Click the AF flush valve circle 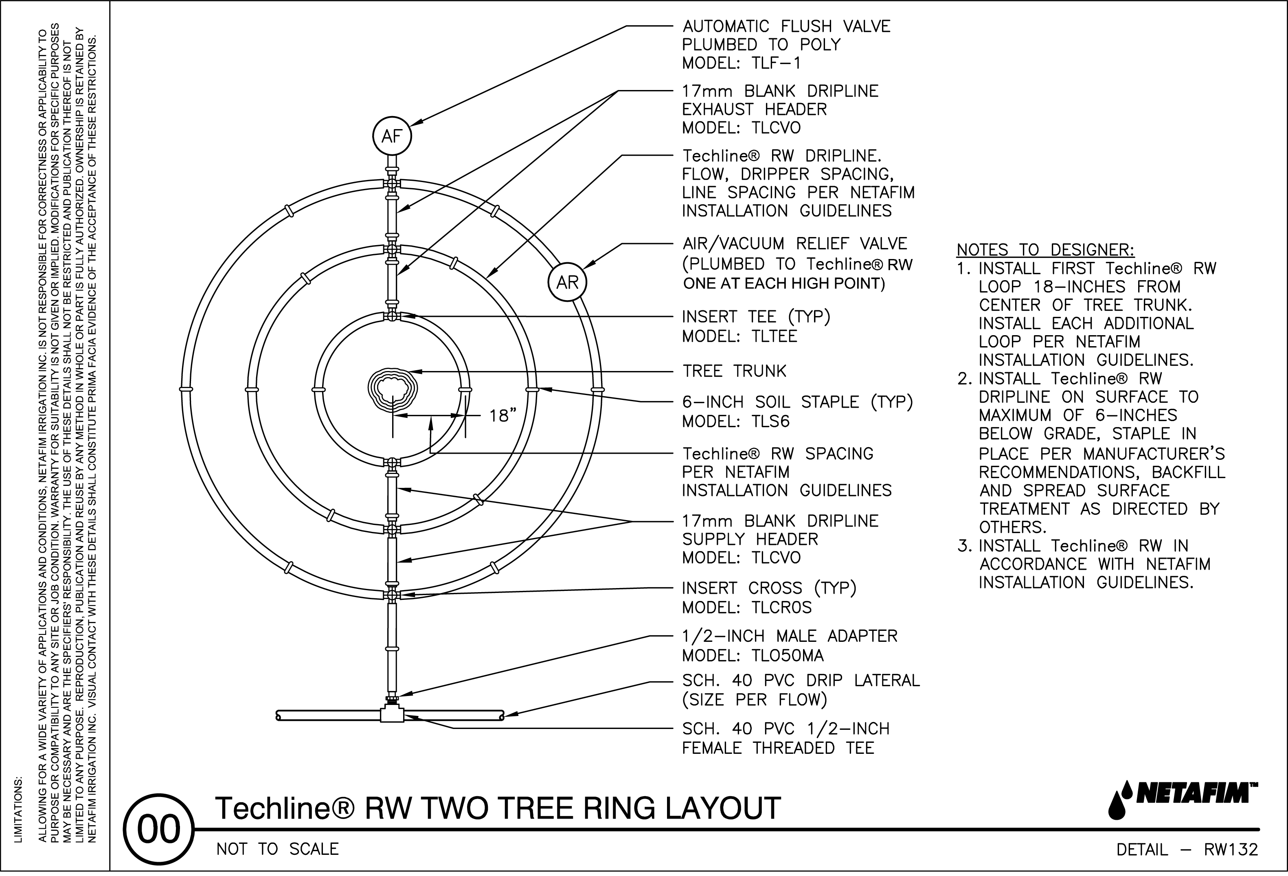392,136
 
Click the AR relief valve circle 567,282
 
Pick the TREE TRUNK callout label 734,371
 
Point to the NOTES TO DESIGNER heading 1045,250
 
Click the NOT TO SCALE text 277,849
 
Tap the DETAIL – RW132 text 1187,850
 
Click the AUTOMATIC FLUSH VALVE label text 786,26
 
